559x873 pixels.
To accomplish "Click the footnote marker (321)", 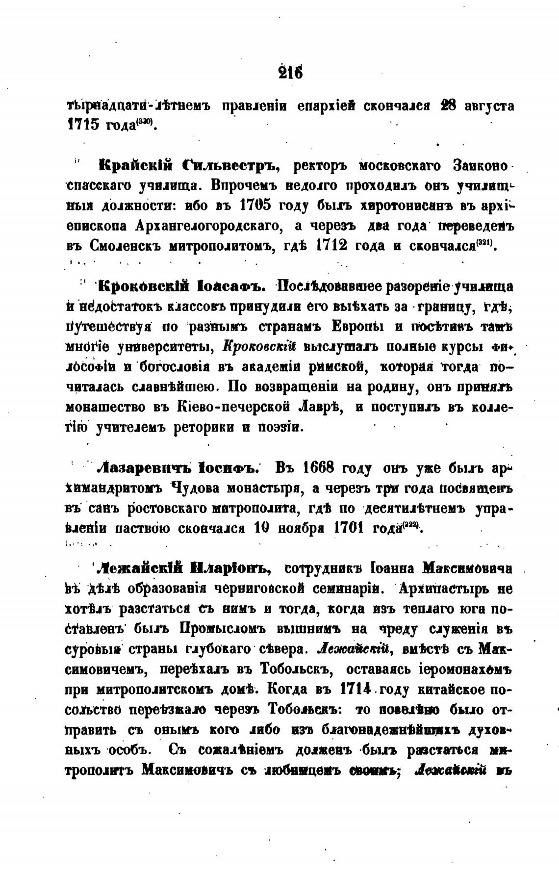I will [x=486, y=243].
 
